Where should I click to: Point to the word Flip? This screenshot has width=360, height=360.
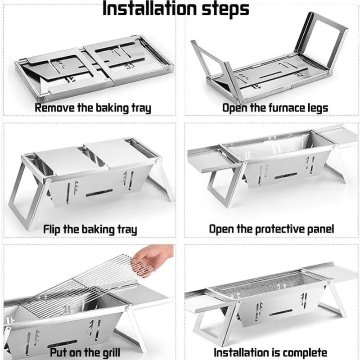point(54,229)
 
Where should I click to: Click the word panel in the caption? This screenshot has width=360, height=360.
point(319,229)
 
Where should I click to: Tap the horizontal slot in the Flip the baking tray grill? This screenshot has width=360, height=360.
point(99,193)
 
